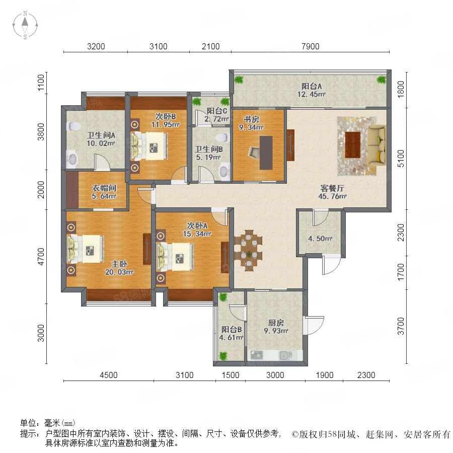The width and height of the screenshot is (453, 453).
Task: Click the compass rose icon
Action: click(x=25, y=25)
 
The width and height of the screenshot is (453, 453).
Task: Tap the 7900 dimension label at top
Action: click(x=310, y=46)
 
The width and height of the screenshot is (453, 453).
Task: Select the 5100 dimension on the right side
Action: click(x=401, y=159)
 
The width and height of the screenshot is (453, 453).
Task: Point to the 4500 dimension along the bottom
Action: click(x=109, y=375)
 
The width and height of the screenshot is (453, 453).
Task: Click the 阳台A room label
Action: click(x=312, y=86)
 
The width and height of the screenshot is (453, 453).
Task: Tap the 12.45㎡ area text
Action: click(x=312, y=94)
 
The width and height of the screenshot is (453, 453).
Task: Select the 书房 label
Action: click(x=251, y=119)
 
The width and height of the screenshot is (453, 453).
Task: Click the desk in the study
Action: click(x=266, y=153)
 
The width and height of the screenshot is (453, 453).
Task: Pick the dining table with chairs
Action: click(x=248, y=250)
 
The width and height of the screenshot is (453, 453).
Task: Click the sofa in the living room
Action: click(x=377, y=146)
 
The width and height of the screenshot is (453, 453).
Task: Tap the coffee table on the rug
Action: click(x=353, y=145)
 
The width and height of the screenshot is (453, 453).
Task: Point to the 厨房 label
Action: click(x=276, y=323)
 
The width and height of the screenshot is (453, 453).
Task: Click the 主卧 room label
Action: click(x=119, y=264)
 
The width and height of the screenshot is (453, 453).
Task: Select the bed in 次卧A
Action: click(x=175, y=257)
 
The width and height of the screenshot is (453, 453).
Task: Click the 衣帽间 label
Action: click(x=104, y=188)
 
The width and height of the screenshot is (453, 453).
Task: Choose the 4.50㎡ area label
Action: click(x=320, y=239)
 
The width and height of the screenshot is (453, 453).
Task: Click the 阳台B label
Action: click(x=232, y=329)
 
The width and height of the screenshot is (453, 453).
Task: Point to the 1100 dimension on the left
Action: click(x=41, y=83)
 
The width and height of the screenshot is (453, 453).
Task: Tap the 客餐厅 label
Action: click(x=332, y=188)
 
